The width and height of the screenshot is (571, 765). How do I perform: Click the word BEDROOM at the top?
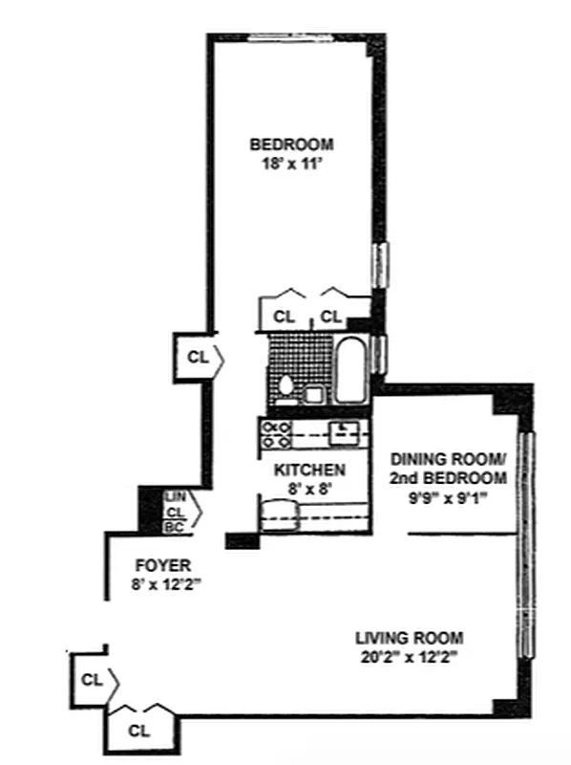(x=291, y=145)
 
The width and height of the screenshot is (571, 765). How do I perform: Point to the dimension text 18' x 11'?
(x=291, y=164)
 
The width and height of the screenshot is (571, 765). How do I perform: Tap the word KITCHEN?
(x=309, y=470)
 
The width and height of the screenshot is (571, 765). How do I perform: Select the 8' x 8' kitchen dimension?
(x=309, y=488)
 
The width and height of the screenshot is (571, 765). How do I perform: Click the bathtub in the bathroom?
(x=350, y=371)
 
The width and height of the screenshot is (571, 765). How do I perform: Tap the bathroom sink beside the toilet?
(x=313, y=393)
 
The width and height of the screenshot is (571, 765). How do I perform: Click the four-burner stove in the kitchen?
(x=276, y=434)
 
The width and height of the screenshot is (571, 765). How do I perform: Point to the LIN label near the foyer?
(x=175, y=496)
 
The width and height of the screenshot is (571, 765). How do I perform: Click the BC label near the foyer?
(x=175, y=526)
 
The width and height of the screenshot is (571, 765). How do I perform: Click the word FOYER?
(x=157, y=563)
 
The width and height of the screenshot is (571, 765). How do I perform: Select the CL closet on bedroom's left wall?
(x=197, y=358)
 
